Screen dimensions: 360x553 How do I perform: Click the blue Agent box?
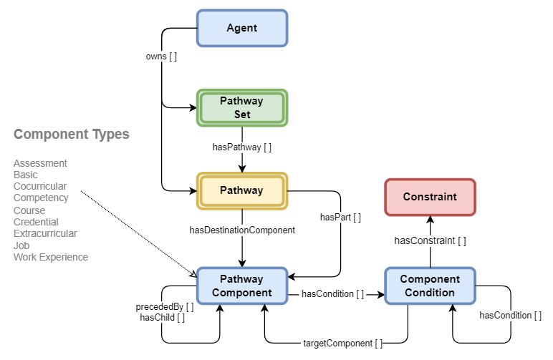pos(241,28)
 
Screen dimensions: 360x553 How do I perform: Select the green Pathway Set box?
pos(241,107)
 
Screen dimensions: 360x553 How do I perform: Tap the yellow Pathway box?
pos(241,191)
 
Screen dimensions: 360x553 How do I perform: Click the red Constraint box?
pos(430,197)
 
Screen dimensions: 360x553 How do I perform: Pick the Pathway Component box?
pos(241,286)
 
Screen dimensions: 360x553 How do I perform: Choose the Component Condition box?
pos(430,286)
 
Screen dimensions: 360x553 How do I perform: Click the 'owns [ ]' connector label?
pos(162,56)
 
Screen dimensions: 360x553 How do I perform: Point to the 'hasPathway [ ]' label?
pos(242,147)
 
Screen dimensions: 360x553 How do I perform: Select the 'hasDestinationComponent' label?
pos(242,230)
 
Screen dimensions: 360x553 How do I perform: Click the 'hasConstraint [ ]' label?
pos(430,241)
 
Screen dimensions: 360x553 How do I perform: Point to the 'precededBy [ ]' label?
pos(165,307)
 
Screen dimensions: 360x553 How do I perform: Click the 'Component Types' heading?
pos(72,135)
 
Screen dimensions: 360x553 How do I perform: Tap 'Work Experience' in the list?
pos(51,257)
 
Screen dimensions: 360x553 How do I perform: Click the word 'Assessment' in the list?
pos(40,163)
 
